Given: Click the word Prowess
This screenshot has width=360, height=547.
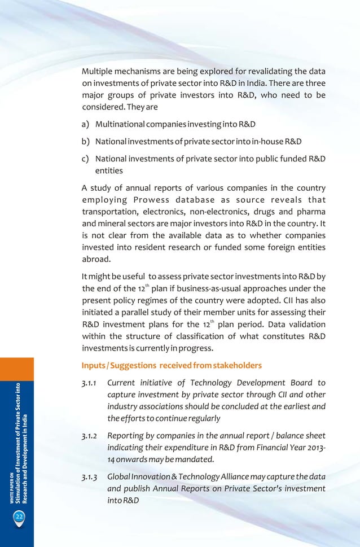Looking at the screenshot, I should (x=155, y=199).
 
